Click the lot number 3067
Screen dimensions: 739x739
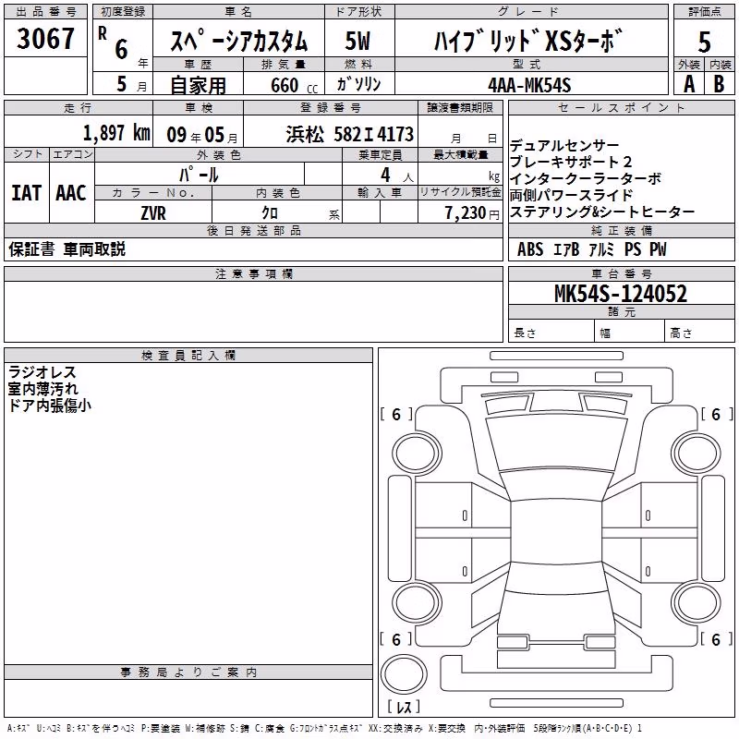click(45, 39)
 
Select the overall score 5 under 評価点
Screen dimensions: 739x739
click(704, 42)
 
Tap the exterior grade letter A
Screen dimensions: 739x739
click(689, 84)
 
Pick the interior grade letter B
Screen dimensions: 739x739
click(719, 84)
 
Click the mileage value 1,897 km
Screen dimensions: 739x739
click(116, 133)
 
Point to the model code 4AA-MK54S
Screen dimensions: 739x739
click(529, 85)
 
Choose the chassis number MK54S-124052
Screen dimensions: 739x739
click(621, 294)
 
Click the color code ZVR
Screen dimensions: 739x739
click(153, 213)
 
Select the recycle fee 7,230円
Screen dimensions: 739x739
click(472, 213)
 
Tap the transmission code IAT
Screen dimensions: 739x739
click(27, 193)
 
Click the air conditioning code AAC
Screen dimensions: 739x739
click(71, 193)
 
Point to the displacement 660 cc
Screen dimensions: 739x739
click(294, 86)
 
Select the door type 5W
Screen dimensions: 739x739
click(357, 41)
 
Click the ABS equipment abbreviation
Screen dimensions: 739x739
click(530, 249)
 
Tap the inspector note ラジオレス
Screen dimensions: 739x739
click(42, 372)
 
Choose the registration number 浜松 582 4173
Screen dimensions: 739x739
click(350, 135)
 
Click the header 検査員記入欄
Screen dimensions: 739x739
click(188, 356)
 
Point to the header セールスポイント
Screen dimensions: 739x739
click(621, 108)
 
